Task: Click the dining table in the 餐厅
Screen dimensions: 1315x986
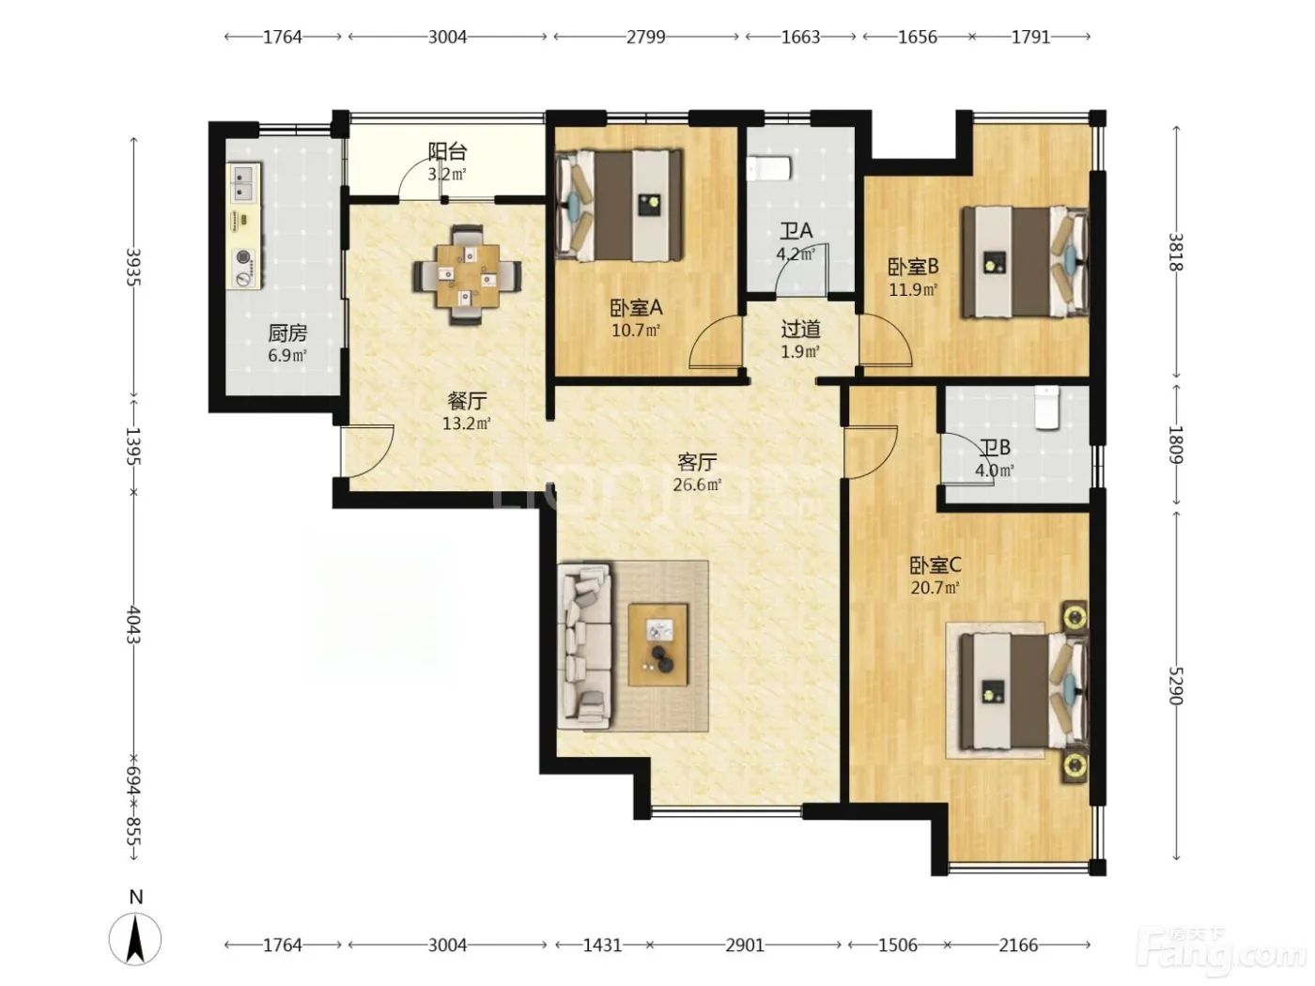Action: tap(467, 275)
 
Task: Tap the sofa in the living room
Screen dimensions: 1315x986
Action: tap(584, 647)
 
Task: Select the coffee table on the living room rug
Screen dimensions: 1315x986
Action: tap(657, 644)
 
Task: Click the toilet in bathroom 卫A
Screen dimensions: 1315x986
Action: tap(770, 169)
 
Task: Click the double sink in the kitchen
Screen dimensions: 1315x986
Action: tap(244, 182)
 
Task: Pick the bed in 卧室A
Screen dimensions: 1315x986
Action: tap(619, 205)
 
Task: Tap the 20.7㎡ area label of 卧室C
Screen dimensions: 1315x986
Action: tap(935, 588)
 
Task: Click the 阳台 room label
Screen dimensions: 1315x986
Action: tap(447, 151)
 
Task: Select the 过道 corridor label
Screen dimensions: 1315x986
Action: tap(800, 329)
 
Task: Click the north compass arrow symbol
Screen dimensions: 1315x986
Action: tap(135, 939)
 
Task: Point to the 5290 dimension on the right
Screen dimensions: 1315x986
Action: tap(1175, 686)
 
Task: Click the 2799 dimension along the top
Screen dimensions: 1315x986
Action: tap(646, 38)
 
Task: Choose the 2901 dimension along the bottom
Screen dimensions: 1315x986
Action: tap(745, 946)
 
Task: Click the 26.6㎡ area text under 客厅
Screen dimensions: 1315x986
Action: tap(697, 485)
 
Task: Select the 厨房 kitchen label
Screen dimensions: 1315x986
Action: tap(287, 332)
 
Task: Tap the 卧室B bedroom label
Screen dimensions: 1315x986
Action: tap(913, 267)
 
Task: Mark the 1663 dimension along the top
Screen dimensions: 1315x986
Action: tap(800, 38)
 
